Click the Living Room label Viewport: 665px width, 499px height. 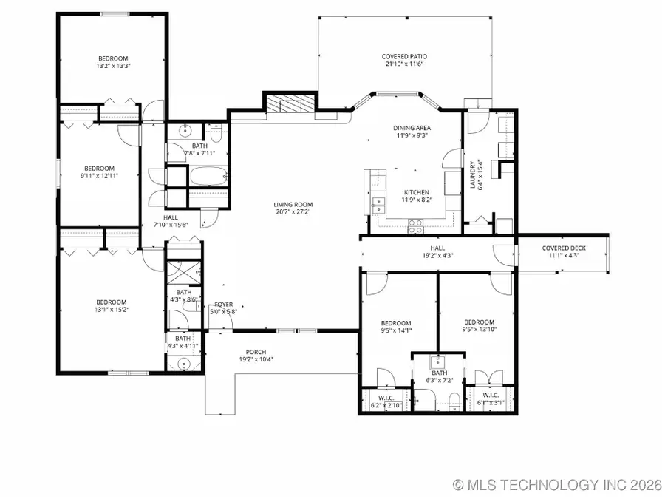pyautogui.click(x=293, y=205)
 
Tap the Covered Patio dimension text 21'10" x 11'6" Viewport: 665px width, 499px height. pyautogui.click(x=403, y=64)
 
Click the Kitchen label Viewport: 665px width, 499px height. pyautogui.click(x=415, y=192)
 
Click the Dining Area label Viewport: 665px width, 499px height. pyautogui.click(x=412, y=128)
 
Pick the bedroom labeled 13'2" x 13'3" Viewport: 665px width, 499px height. pyautogui.click(x=114, y=58)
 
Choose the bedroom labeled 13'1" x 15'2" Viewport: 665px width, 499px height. pyautogui.click(x=112, y=302)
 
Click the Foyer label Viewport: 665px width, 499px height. pyautogui.click(x=223, y=304)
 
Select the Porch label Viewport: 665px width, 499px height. pyautogui.click(x=256, y=352)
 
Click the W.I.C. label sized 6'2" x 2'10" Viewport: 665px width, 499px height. pyautogui.click(x=385, y=398)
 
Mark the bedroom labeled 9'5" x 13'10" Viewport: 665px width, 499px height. pyautogui.click(x=479, y=322)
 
